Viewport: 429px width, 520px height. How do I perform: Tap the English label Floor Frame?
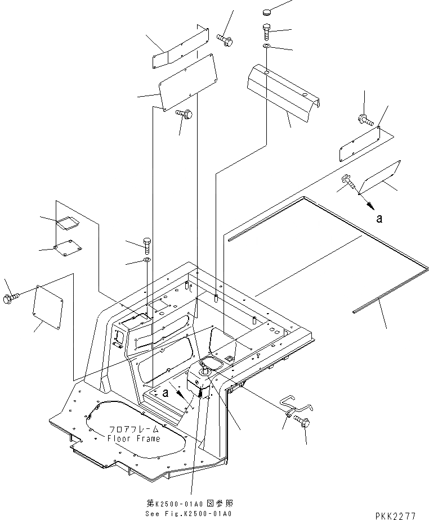tap(133, 438)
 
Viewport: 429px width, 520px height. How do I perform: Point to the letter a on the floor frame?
tap(166, 394)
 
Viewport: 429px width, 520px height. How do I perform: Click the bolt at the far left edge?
tap(11, 299)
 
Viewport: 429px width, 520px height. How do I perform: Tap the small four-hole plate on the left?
tap(65, 249)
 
